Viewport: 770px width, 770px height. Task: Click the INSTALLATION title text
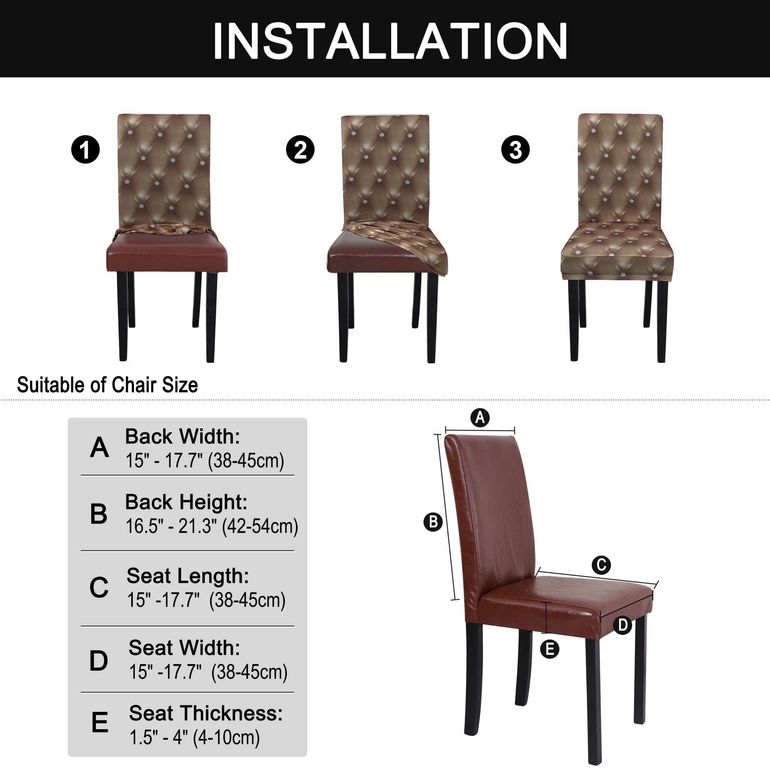tap(390, 41)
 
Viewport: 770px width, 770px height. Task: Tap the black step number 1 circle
tap(85, 149)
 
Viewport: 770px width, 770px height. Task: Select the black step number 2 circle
tap(300, 149)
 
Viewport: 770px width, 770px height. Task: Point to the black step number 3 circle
tap(516, 149)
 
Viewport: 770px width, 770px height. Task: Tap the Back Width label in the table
tap(182, 437)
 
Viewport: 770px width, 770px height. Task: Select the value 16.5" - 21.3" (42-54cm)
tap(212, 526)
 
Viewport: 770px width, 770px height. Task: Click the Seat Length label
tap(188, 576)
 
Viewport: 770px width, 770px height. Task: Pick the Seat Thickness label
tap(206, 713)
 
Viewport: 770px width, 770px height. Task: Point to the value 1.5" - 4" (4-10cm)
tap(194, 737)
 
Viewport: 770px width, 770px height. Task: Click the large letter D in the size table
tap(99, 660)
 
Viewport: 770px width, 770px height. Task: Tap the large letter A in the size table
tap(99, 447)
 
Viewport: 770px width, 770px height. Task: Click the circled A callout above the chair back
tap(480, 418)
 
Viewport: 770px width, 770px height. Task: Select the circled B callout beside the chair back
tap(433, 522)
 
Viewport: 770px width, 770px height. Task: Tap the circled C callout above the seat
tap(601, 565)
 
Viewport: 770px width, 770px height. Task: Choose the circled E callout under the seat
tap(550, 649)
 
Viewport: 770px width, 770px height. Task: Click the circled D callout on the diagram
tap(623, 625)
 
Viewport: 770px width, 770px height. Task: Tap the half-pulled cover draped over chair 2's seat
tap(403, 243)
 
